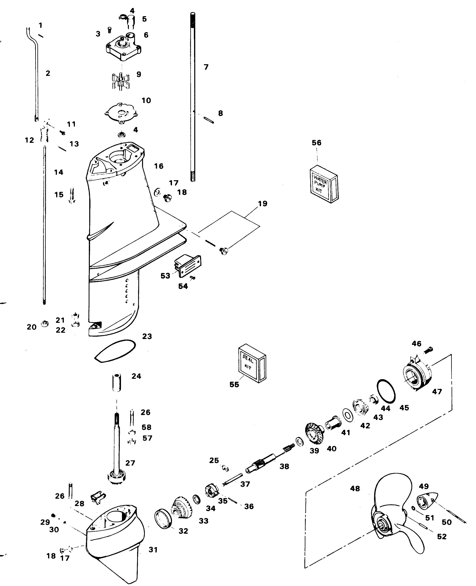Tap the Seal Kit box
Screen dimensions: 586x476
coord(252,364)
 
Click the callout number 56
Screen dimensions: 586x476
coord(317,143)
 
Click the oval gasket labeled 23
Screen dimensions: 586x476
coord(115,351)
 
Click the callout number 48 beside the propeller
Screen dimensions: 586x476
coord(355,488)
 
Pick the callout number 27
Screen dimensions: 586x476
coord(130,463)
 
